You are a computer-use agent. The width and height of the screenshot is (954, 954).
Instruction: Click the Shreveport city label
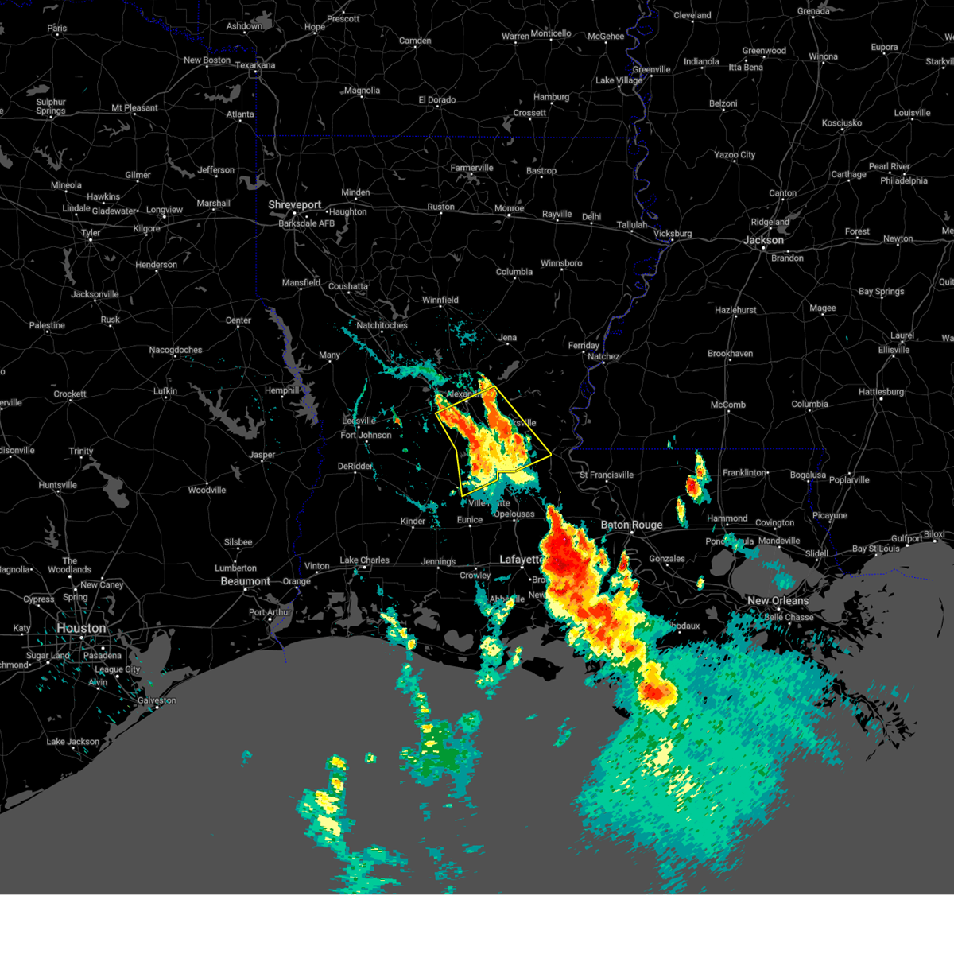pyautogui.click(x=294, y=205)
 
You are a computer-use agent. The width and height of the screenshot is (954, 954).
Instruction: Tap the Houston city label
pyautogui.click(x=81, y=628)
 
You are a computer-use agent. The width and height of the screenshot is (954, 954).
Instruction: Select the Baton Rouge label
pyautogui.click(x=631, y=525)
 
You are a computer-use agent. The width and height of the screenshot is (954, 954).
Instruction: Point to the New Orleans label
pyautogui.click(x=778, y=601)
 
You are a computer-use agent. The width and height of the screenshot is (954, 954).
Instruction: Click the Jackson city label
pyautogui.click(x=763, y=240)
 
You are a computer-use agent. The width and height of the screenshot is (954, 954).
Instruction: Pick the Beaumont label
pyautogui.click(x=245, y=581)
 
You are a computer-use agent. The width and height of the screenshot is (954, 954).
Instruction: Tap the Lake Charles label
pyautogui.click(x=365, y=560)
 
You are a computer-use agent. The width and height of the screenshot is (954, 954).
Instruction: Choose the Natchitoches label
pyautogui.click(x=382, y=325)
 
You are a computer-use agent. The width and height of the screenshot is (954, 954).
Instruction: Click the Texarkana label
pyautogui.click(x=255, y=65)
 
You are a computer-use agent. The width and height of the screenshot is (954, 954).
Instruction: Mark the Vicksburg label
pyautogui.click(x=673, y=234)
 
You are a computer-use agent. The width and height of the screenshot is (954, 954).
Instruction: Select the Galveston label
pyautogui.click(x=157, y=700)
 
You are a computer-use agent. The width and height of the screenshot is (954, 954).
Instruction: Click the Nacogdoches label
pyautogui.click(x=176, y=350)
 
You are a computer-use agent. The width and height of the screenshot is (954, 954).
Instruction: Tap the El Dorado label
pyautogui.click(x=437, y=100)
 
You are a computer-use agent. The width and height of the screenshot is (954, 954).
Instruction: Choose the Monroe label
pyautogui.click(x=509, y=208)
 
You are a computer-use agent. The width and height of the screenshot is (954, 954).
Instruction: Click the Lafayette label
pyautogui.click(x=521, y=560)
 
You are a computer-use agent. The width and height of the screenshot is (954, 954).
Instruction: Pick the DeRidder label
pyautogui.click(x=355, y=467)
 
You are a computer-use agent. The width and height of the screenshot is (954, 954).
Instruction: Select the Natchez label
pyautogui.click(x=603, y=356)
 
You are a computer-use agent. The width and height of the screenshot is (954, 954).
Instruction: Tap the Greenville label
pyautogui.click(x=651, y=70)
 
